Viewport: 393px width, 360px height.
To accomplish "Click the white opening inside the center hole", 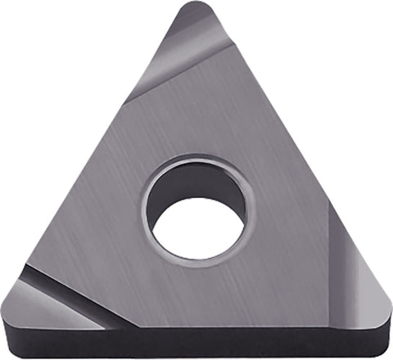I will coord(198,226).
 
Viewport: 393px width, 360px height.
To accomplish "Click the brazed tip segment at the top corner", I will coord(192,49).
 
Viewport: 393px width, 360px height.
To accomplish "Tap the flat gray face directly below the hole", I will coord(196,295).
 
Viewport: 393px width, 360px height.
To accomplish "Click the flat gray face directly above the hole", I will coord(196,123).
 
